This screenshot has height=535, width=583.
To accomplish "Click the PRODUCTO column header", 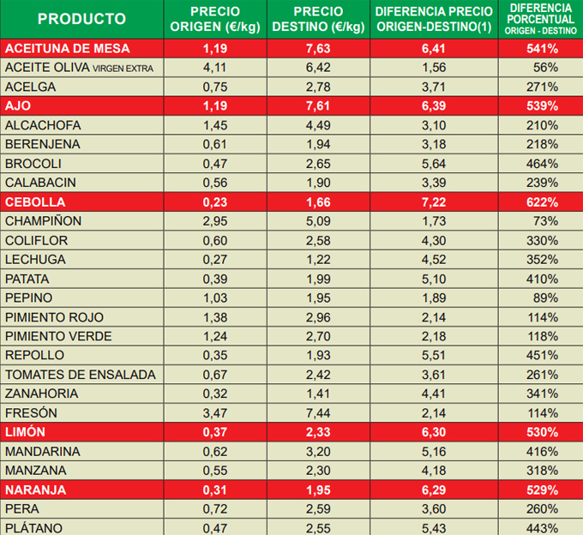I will click(x=82, y=19).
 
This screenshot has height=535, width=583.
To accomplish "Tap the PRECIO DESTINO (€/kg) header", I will click(x=318, y=19).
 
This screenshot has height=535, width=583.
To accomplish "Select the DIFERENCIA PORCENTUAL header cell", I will click(x=541, y=18).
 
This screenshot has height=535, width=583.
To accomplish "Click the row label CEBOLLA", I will click(x=37, y=202).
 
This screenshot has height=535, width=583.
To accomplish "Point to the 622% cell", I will click(x=542, y=202).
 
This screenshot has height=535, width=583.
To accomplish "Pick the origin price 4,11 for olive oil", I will click(x=215, y=67).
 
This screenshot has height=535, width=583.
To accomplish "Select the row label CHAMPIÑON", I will click(x=44, y=221).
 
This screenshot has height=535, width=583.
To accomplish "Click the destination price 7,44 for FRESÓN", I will click(x=318, y=413).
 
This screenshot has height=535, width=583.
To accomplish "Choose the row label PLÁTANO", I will click(x=36, y=528).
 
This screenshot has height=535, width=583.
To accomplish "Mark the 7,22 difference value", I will click(x=435, y=202).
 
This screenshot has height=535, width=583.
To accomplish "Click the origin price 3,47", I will click(x=215, y=413).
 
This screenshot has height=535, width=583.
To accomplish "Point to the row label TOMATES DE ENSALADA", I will click(x=81, y=375).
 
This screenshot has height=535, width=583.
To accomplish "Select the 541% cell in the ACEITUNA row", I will click(x=542, y=48).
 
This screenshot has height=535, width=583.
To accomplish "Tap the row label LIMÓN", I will click(x=25, y=432).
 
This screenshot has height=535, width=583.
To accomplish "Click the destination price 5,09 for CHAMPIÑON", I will click(x=318, y=221).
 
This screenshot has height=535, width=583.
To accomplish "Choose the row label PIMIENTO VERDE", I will click(x=58, y=336).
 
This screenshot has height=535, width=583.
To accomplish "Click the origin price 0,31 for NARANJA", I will click(x=215, y=490).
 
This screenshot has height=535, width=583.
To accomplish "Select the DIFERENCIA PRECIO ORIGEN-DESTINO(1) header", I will click(x=435, y=19).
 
